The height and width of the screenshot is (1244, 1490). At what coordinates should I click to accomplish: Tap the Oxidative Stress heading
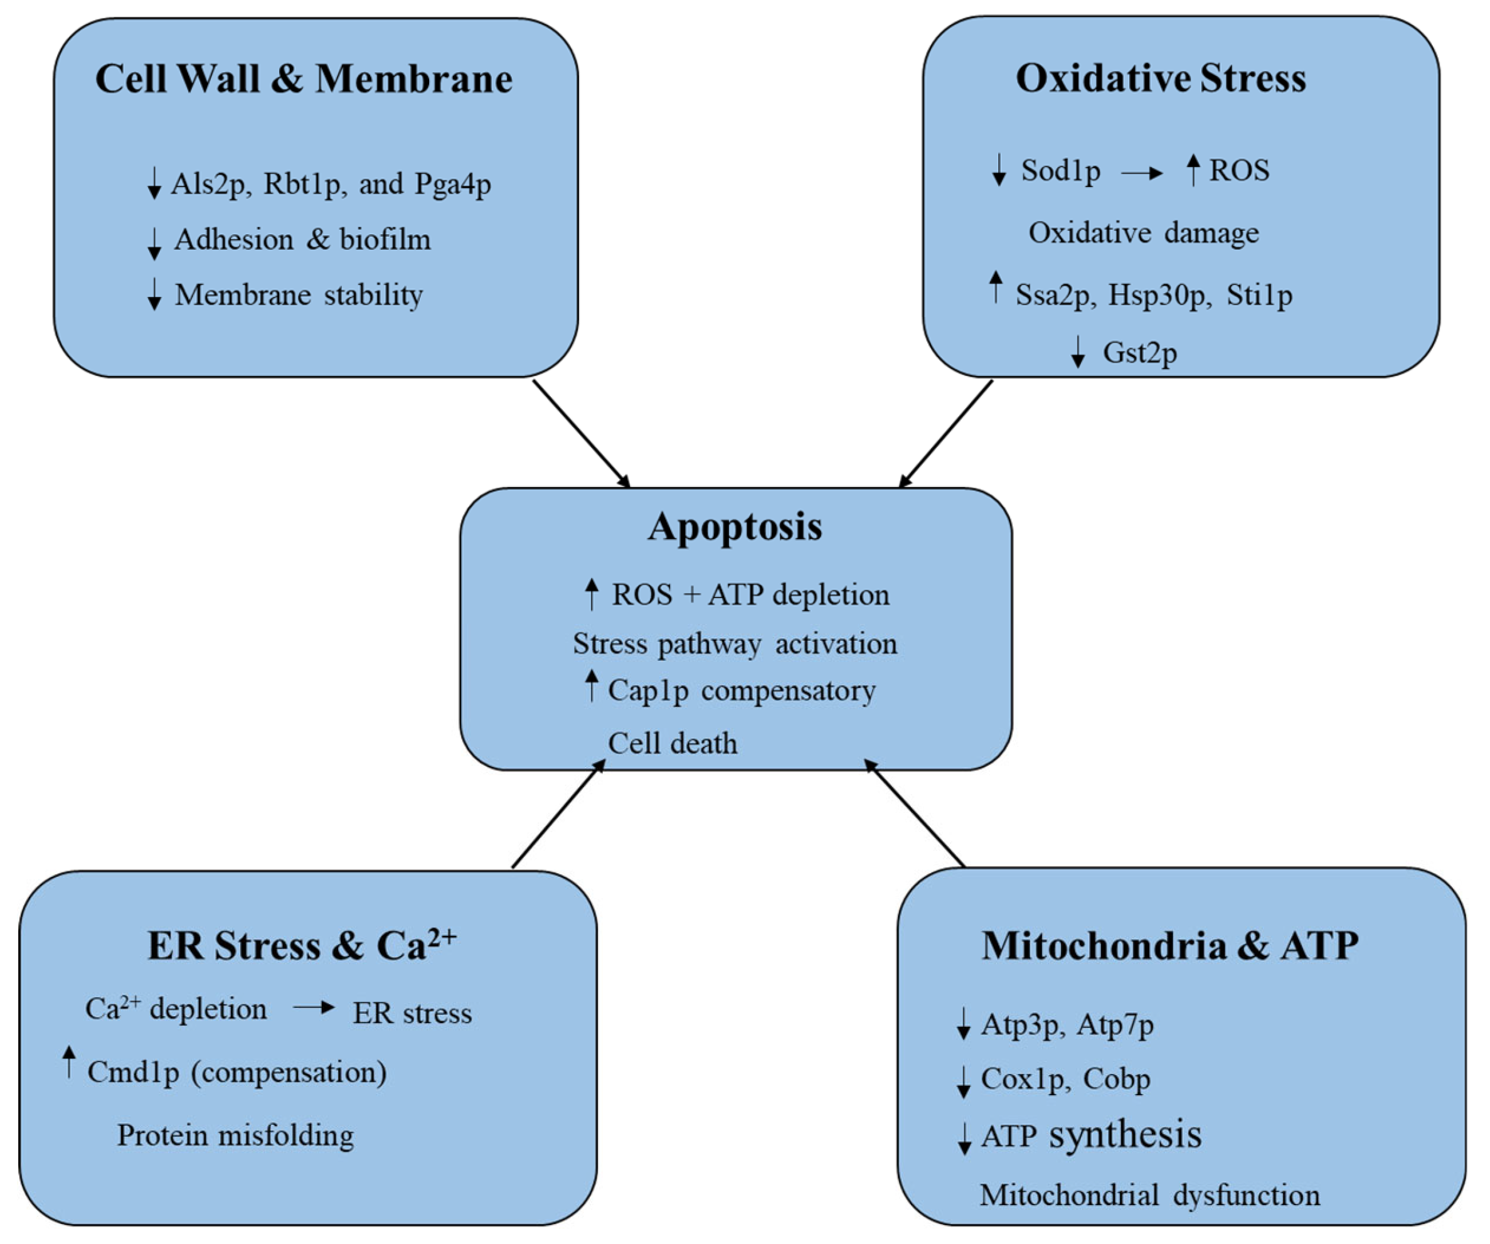[1160, 77]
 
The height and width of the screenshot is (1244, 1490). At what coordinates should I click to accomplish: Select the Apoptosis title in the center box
[735, 527]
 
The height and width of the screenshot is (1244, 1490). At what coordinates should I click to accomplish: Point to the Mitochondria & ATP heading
[1170, 945]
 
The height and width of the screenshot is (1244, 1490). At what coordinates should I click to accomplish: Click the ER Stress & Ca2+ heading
[302, 945]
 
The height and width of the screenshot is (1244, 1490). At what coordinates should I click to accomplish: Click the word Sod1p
[1060, 170]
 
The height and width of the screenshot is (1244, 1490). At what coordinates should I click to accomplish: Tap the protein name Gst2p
[1139, 352]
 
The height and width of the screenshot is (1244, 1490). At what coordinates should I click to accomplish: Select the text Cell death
[673, 743]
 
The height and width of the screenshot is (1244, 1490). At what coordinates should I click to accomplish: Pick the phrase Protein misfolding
[235, 1135]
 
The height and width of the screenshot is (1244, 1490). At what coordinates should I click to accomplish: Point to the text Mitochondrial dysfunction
[1149, 1195]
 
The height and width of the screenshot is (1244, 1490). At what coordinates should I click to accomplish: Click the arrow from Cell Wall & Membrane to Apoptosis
[582, 434]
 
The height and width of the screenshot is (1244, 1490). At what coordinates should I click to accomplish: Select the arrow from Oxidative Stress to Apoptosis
[946, 434]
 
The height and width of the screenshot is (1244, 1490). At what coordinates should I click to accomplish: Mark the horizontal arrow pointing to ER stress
[314, 1007]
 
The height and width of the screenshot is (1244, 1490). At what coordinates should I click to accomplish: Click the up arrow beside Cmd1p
[69, 1063]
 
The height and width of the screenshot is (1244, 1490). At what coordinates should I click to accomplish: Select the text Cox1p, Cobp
[1065, 1079]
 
